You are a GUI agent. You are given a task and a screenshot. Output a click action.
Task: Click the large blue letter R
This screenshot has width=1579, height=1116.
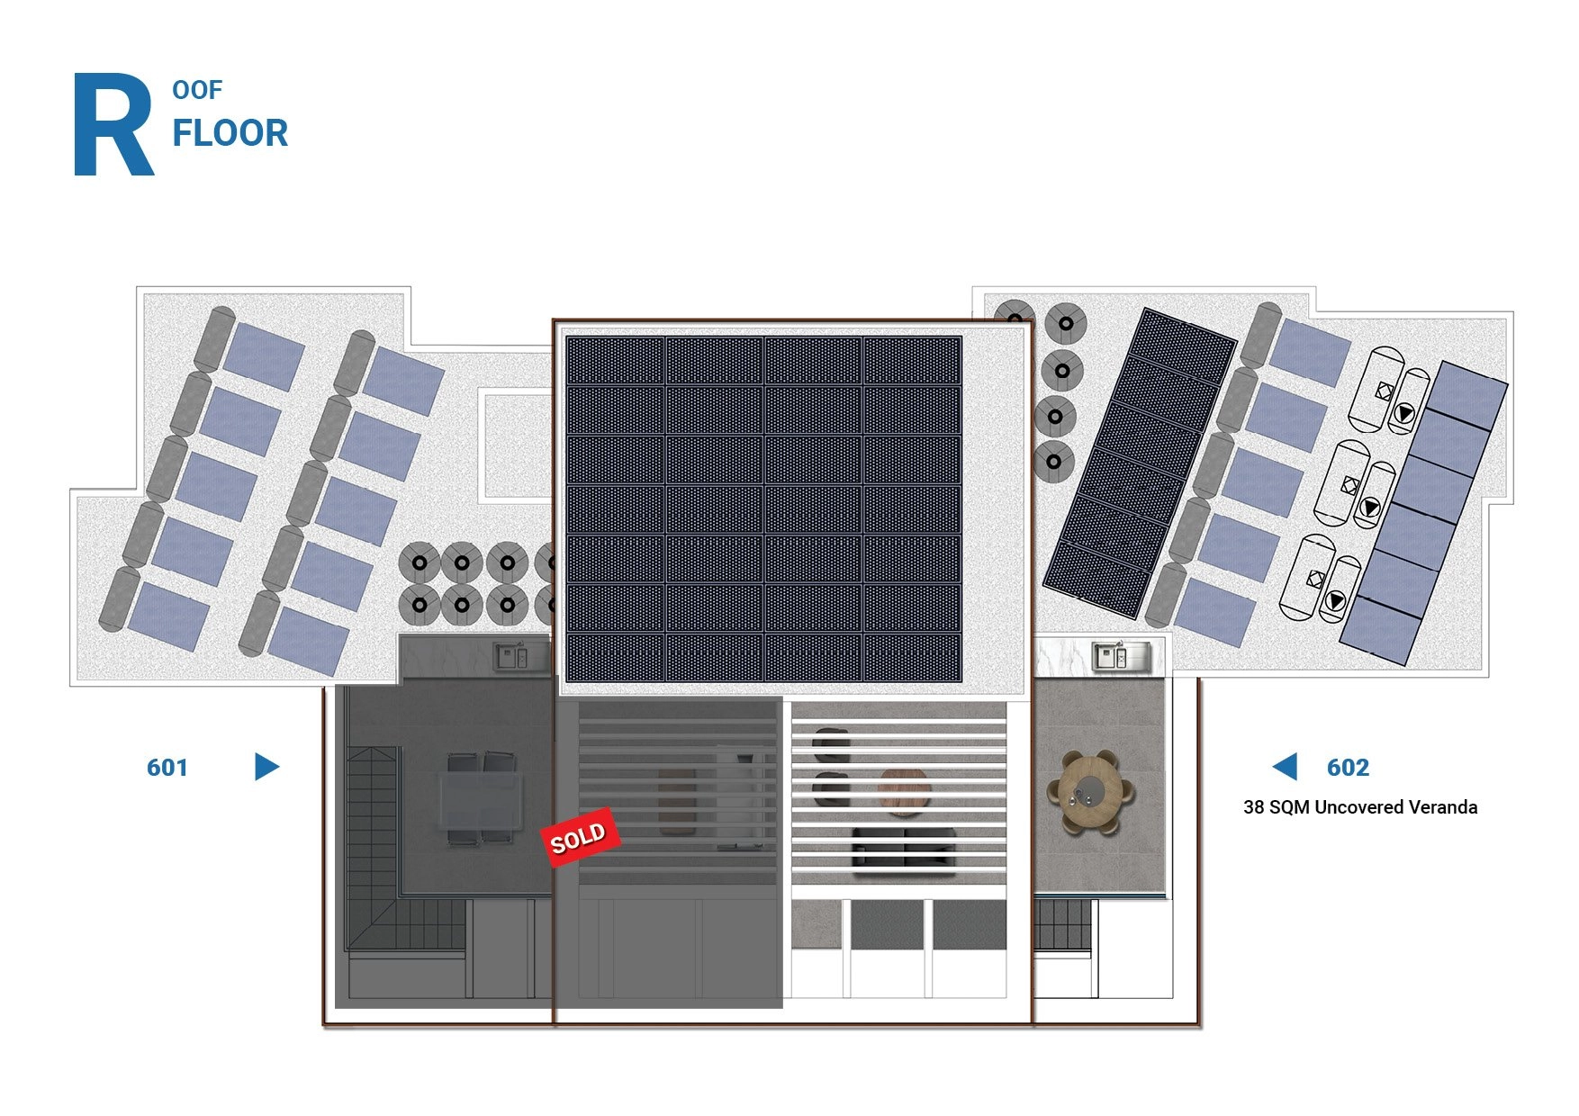(113, 124)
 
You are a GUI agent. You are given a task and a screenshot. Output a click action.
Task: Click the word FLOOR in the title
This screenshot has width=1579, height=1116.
(230, 133)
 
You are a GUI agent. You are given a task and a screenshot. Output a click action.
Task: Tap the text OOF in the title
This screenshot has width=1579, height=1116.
(197, 90)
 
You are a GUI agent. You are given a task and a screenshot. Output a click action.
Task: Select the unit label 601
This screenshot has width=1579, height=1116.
(167, 768)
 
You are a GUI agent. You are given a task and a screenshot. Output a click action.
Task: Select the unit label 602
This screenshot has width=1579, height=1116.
(1348, 768)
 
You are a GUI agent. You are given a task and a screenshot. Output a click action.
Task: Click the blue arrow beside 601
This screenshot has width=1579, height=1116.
(267, 767)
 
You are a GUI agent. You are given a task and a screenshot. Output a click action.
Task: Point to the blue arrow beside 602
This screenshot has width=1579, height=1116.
(1285, 767)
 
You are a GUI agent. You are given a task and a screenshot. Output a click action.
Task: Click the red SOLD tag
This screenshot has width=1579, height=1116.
(581, 838)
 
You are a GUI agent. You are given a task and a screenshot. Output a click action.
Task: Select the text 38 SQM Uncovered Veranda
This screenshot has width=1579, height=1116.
(1360, 807)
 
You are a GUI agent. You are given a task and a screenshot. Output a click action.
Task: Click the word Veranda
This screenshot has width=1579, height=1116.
(1443, 807)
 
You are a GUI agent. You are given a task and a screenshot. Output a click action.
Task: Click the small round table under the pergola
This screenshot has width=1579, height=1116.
(905, 792)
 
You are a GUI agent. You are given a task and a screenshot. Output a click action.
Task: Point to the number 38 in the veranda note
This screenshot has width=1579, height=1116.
(1254, 807)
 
